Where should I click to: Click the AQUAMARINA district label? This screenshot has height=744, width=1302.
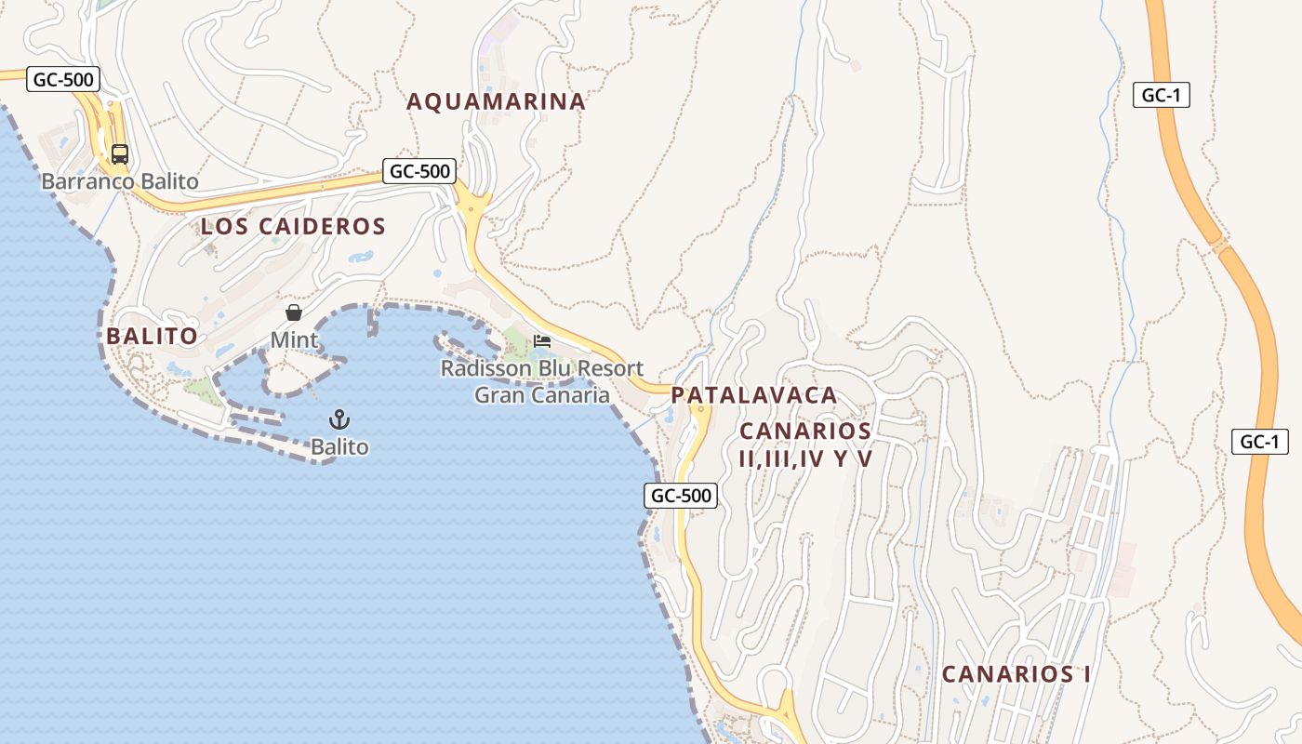[497, 101]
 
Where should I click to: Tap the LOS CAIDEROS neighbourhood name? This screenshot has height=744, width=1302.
[293, 226]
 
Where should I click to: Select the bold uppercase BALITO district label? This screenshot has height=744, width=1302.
[153, 336]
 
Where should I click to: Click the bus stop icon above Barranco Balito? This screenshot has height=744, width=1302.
[120, 154]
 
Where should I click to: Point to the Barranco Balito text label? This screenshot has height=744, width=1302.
[120, 181]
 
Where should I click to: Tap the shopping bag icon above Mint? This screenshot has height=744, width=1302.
[294, 312]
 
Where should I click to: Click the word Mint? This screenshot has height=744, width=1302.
[294, 340]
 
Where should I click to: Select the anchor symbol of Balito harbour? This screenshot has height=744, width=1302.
[339, 419]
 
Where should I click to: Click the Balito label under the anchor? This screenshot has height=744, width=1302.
[339, 447]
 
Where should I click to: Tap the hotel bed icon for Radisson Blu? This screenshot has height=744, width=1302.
[542, 341]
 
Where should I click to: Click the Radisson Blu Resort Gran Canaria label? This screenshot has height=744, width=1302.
[542, 381]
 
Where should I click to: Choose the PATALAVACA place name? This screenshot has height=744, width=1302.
[754, 395]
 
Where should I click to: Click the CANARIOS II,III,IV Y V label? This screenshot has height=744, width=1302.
[805, 445]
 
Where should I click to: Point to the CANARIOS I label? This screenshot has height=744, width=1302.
[1016, 674]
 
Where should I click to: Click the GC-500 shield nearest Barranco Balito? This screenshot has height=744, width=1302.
[63, 79]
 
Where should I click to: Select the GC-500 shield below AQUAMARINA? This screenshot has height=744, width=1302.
[420, 171]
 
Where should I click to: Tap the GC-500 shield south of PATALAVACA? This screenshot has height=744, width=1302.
[681, 496]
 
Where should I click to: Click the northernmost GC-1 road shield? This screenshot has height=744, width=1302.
[1162, 95]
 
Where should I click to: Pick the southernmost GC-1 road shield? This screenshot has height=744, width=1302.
[1260, 442]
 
